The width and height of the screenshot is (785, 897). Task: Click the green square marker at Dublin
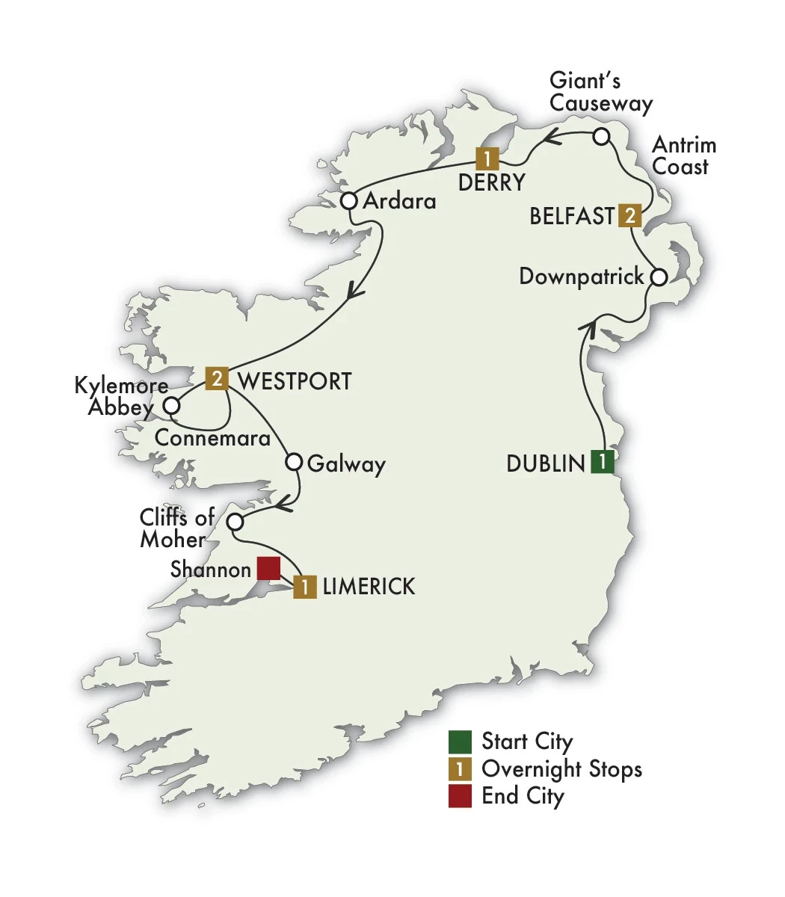click(602, 462)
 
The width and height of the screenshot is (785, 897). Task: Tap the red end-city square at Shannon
click(268, 569)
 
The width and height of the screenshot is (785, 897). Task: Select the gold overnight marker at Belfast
click(630, 216)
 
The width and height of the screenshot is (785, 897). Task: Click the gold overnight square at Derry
click(487, 158)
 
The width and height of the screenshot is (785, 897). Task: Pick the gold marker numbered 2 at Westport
click(217, 379)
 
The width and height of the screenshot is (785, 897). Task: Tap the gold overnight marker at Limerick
click(305, 587)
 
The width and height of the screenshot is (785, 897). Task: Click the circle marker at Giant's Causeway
click(602, 136)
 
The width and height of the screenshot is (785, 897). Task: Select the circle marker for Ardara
click(348, 201)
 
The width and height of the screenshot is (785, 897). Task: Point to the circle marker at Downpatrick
click(658, 277)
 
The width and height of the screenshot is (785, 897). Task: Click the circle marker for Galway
click(295, 462)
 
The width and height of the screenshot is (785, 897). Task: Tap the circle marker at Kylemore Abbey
click(172, 406)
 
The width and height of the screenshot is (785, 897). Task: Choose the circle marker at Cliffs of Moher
click(235, 521)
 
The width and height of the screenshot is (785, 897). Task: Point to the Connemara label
click(212, 437)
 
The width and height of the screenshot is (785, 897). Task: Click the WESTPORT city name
click(294, 380)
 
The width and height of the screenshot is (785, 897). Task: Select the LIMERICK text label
click(369, 587)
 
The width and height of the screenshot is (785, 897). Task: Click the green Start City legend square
click(460, 742)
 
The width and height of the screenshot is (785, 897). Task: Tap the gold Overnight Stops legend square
click(460, 768)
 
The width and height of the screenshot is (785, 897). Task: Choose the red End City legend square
click(460, 795)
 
